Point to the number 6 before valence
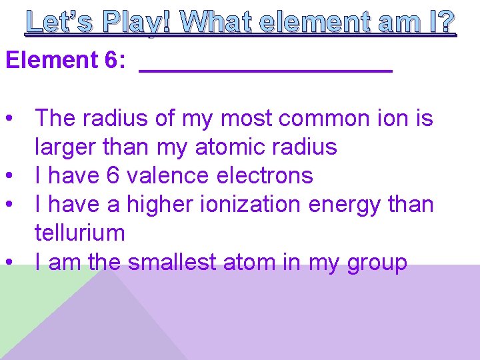(113, 175)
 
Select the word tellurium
(79, 233)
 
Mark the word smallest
(172, 262)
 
